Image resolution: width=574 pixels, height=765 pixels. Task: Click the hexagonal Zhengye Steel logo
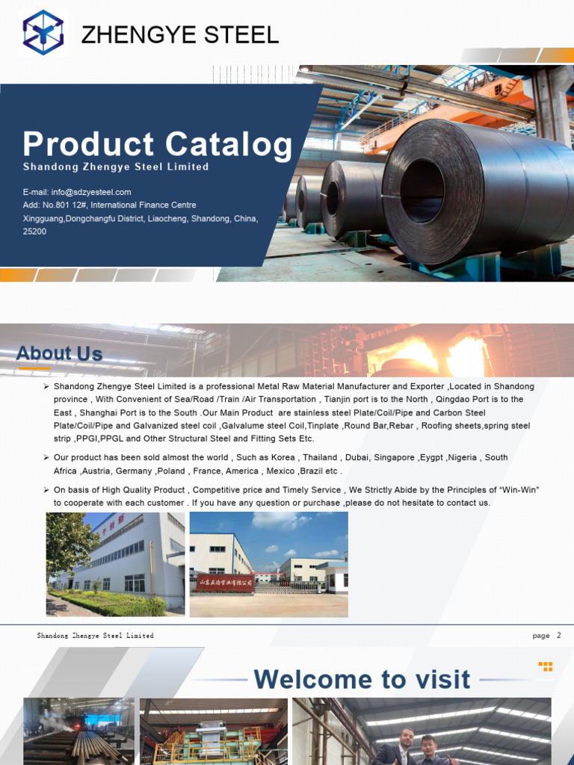43,33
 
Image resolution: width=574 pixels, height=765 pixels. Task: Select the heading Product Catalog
157,144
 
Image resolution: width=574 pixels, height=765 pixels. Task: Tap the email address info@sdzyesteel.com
77,192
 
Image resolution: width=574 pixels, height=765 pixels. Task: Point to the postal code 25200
34,232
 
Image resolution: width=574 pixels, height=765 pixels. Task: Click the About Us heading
59,353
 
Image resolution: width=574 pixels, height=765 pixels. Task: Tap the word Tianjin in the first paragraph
341,400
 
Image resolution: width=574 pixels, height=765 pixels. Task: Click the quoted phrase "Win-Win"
521,489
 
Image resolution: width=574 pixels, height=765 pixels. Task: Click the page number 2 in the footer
558,635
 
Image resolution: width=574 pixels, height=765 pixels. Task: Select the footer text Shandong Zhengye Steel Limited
95,636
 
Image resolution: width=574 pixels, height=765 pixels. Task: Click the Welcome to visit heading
362,680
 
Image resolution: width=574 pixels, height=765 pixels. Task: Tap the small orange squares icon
546,666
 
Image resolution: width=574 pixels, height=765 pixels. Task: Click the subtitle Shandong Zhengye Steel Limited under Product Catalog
116,167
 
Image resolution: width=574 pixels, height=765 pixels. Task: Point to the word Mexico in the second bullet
280,471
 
